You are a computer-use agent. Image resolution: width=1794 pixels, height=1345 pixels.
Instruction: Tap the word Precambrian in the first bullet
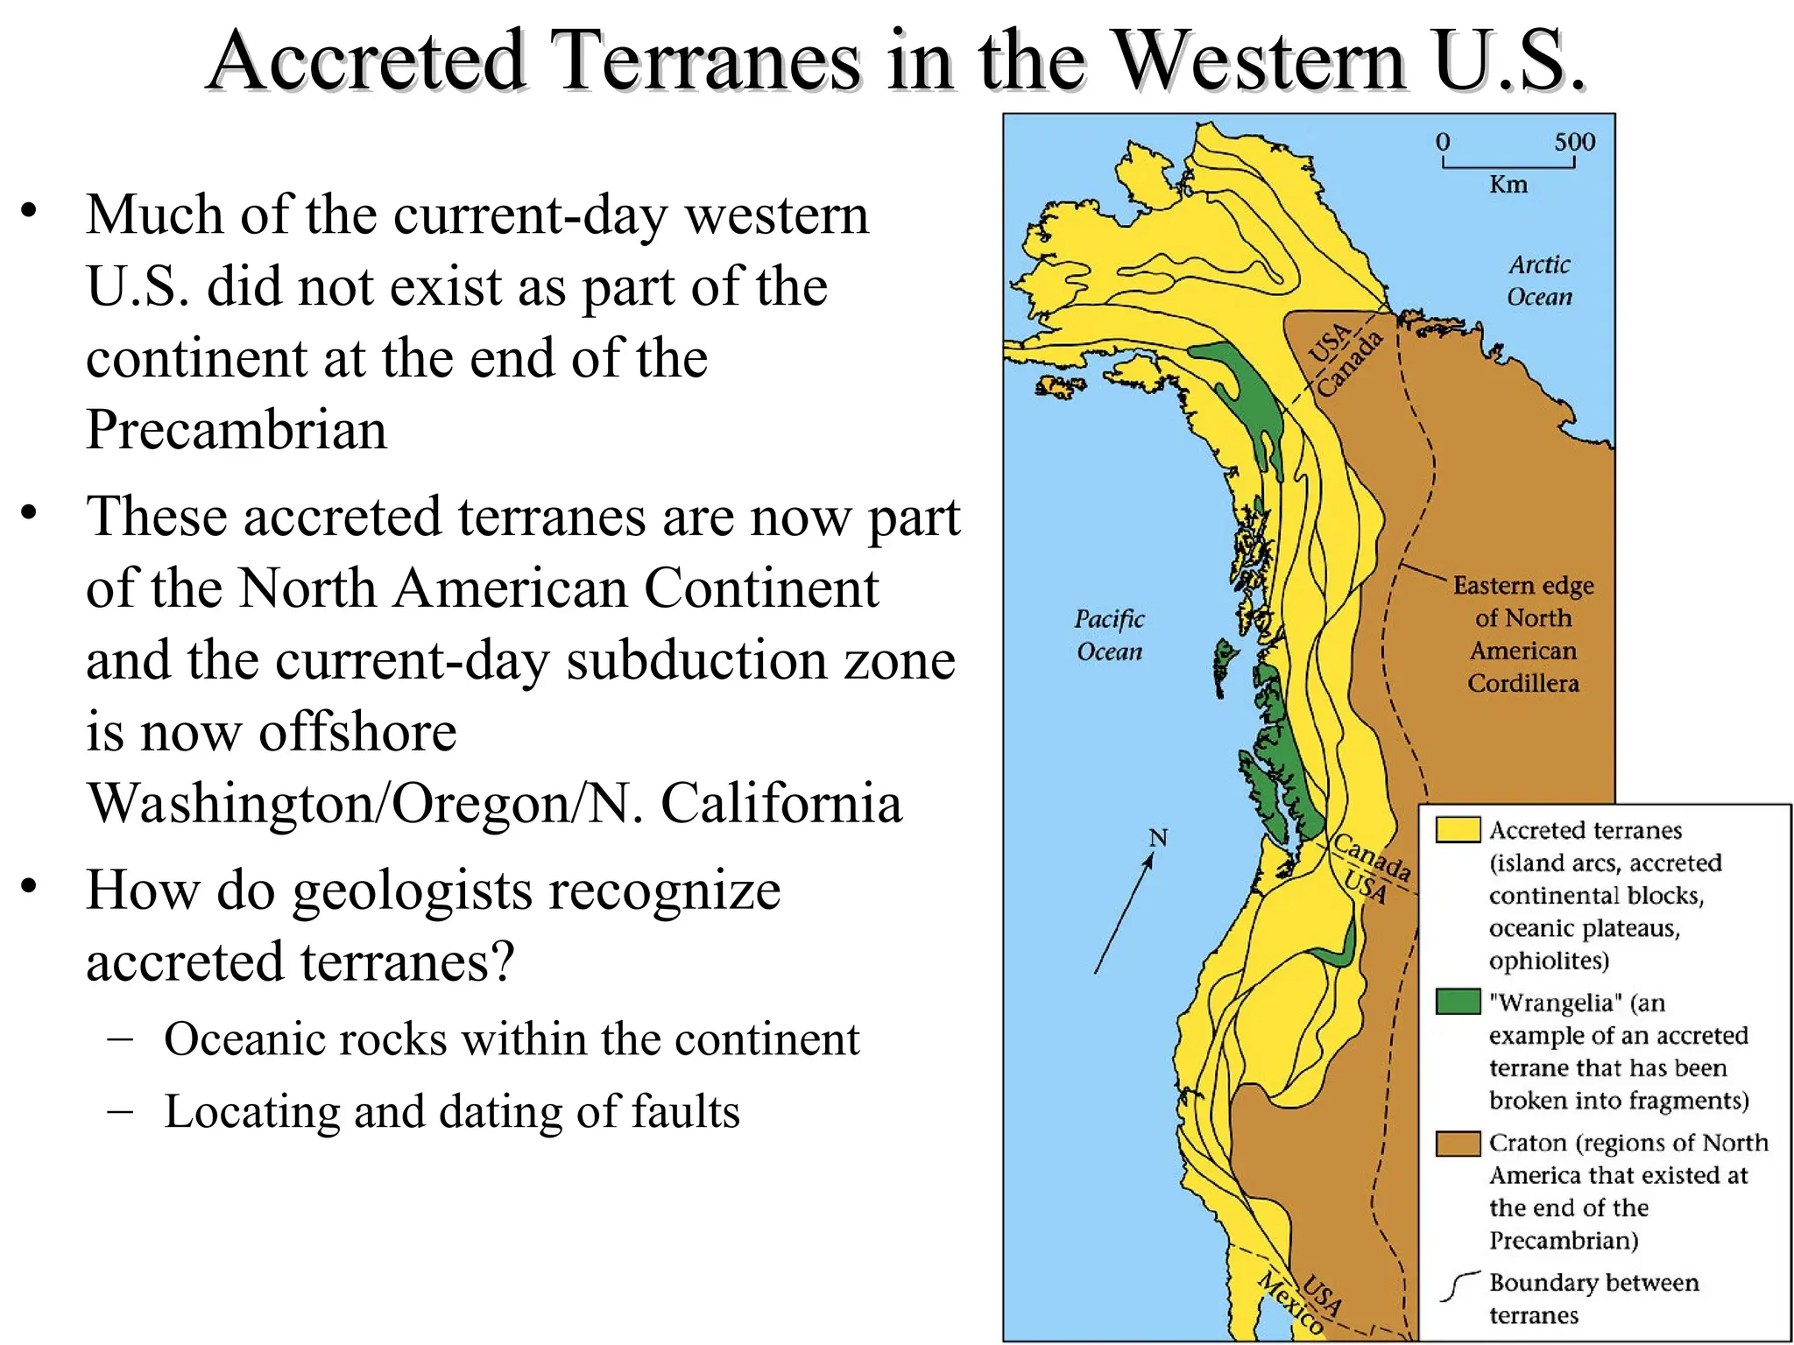[x=236, y=429]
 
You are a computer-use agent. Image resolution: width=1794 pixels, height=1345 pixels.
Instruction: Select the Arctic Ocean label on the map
[x=1539, y=280]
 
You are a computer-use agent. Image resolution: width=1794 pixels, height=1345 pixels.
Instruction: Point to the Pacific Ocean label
[x=1109, y=635]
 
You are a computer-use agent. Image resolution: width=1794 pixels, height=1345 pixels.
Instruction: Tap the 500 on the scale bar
[x=1574, y=142]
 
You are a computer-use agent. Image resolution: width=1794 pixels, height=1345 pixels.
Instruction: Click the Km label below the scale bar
[x=1508, y=185]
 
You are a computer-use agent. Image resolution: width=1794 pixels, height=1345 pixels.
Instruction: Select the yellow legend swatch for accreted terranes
[x=1458, y=829]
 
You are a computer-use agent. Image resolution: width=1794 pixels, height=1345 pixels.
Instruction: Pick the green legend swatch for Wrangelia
[x=1458, y=1001]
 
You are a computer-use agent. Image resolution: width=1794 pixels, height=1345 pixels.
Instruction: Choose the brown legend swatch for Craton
[x=1458, y=1143]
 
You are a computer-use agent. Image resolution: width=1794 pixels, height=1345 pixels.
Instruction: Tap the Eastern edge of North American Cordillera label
[x=1523, y=634]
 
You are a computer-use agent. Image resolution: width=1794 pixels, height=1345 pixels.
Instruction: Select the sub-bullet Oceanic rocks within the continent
[x=511, y=1039]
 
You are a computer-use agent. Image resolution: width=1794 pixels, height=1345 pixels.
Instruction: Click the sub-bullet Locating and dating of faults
[x=451, y=1111]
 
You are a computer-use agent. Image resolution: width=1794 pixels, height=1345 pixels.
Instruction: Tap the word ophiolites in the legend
[x=1548, y=961]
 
